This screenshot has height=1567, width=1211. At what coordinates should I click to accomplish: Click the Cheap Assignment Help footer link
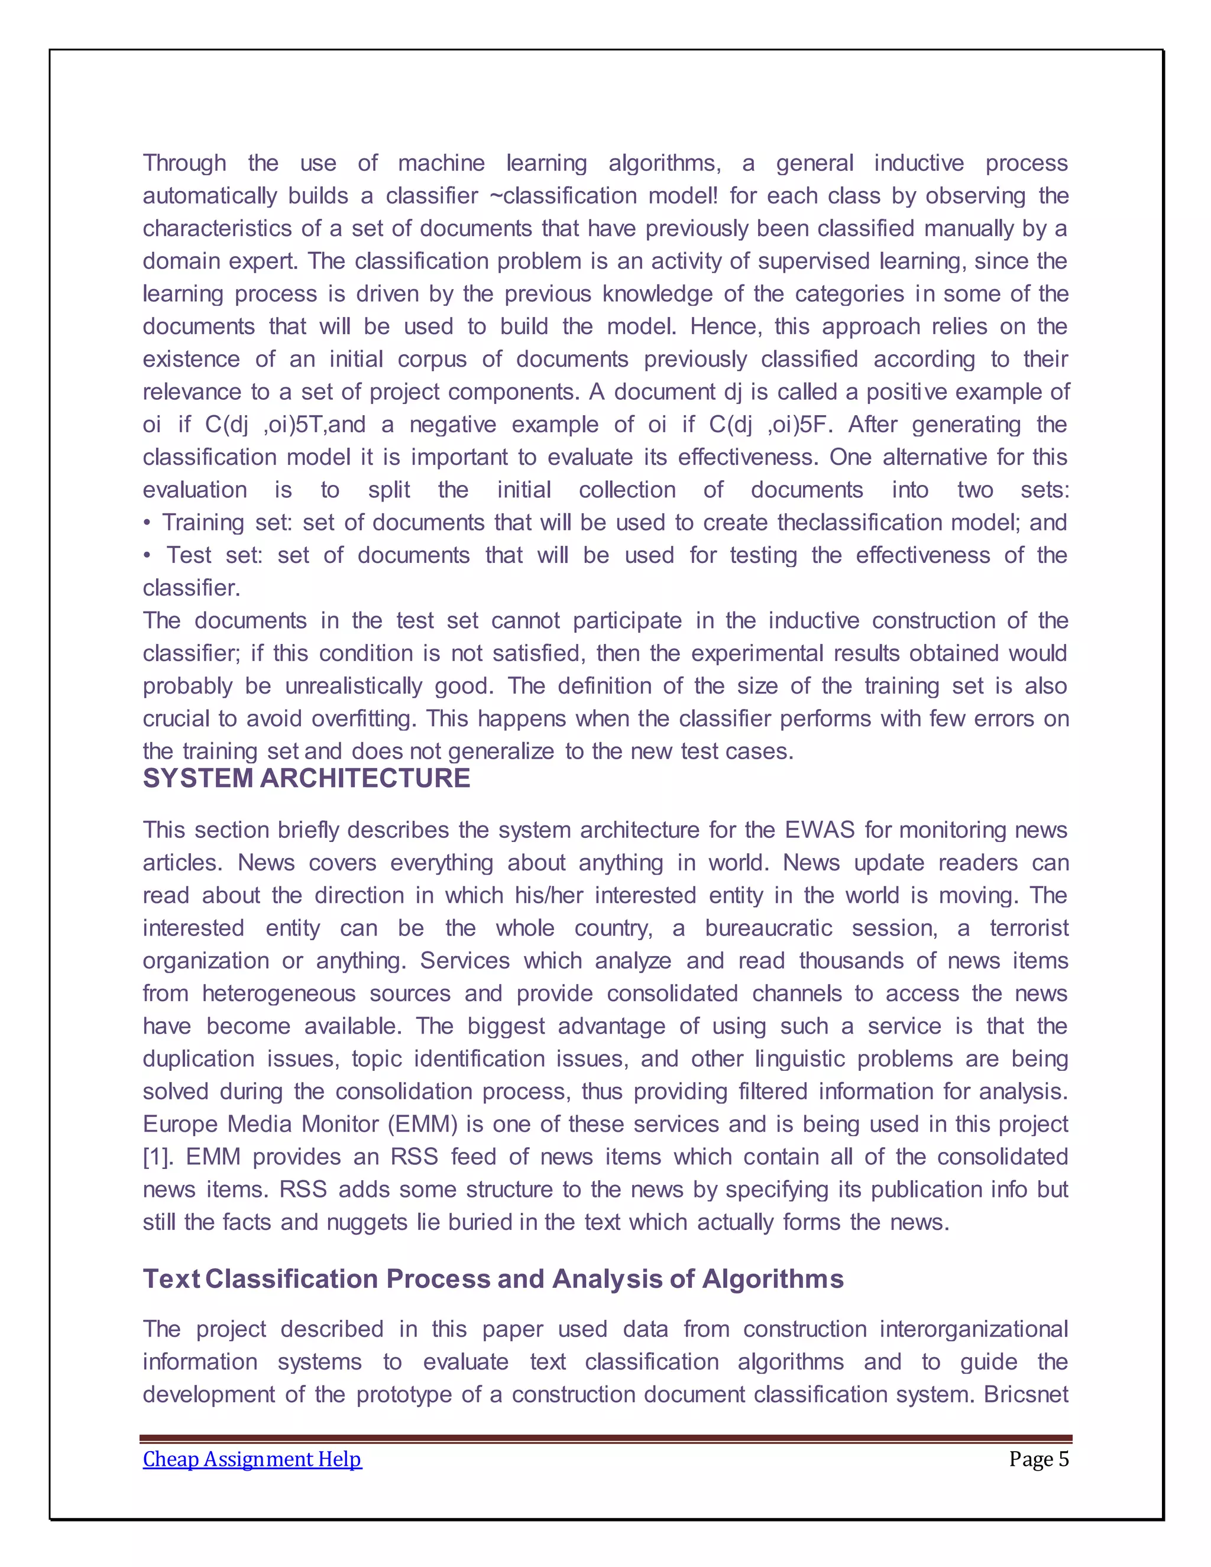tap(252, 1459)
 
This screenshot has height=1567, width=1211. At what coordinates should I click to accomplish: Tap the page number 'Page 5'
tap(1038, 1459)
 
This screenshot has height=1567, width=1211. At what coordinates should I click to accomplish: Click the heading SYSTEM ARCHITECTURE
tap(306, 779)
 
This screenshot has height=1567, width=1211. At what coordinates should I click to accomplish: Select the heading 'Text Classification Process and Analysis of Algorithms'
tap(493, 1279)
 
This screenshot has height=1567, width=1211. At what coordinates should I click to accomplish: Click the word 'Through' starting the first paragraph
tap(184, 164)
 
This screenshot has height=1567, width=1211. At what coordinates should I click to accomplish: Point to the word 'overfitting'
tap(363, 719)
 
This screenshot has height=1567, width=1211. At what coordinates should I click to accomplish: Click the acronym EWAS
tap(820, 830)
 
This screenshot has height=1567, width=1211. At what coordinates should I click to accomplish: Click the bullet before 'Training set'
tap(147, 523)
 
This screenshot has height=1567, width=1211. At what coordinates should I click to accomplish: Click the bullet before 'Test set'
tap(147, 556)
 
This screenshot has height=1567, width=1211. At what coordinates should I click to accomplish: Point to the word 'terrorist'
tap(1029, 928)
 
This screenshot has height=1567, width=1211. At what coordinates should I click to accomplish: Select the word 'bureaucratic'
tap(768, 928)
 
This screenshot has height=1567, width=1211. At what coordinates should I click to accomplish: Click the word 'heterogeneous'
tap(279, 994)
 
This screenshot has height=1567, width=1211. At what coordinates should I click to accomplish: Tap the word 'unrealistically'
tap(354, 687)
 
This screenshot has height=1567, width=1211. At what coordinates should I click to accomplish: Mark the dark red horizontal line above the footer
tap(605, 1438)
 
